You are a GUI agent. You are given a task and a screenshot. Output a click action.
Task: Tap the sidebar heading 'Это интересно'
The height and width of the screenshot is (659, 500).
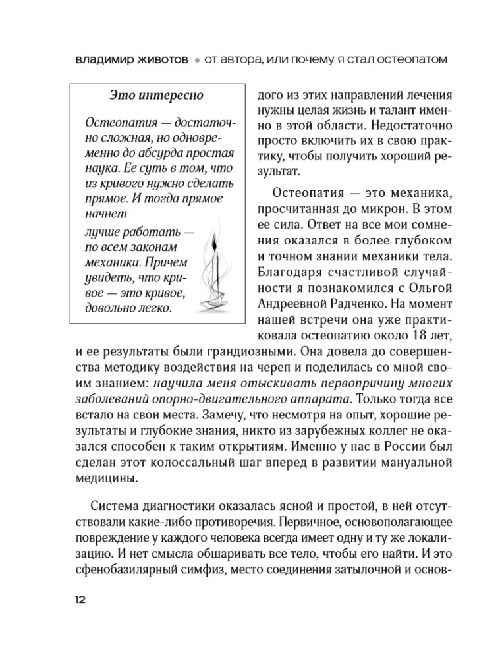coord(155,96)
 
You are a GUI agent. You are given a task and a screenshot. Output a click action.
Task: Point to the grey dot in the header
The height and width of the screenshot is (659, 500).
coord(196,59)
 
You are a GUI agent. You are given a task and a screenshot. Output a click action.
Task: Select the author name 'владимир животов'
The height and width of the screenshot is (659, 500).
coord(130,59)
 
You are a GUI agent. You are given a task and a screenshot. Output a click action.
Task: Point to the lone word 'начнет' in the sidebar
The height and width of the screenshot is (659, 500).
coord(105,214)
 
